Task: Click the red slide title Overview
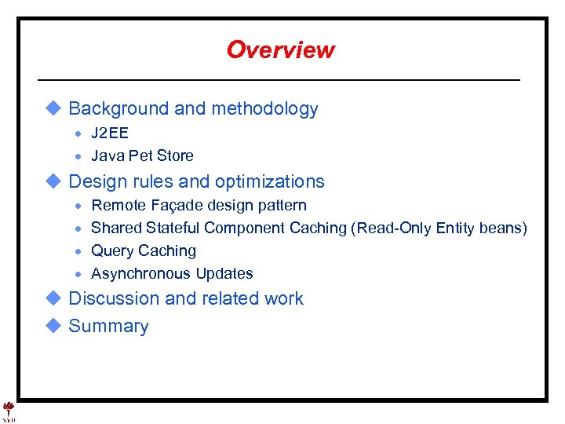[280, 50]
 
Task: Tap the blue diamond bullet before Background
[53, 108]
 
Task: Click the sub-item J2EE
[110, 133]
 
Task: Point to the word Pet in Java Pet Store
[137, 155]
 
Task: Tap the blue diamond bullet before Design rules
[53, 181]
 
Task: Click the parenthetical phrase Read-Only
[390, 228]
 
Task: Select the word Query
[112, 251]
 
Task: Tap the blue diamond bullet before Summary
[53, 326]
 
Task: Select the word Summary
[108, 327]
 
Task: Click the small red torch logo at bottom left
[9, 409]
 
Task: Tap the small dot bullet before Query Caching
[79, 252]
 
